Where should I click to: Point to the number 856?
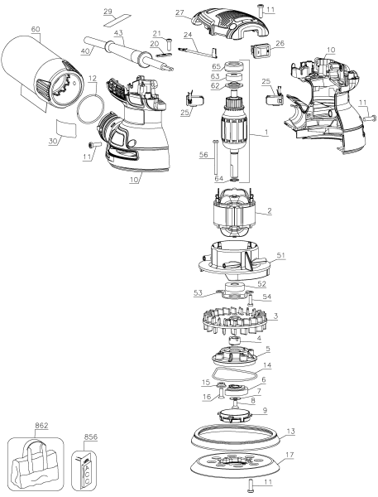(91, 432)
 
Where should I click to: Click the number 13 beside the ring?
(290, 431)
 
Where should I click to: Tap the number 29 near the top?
(130, 11)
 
